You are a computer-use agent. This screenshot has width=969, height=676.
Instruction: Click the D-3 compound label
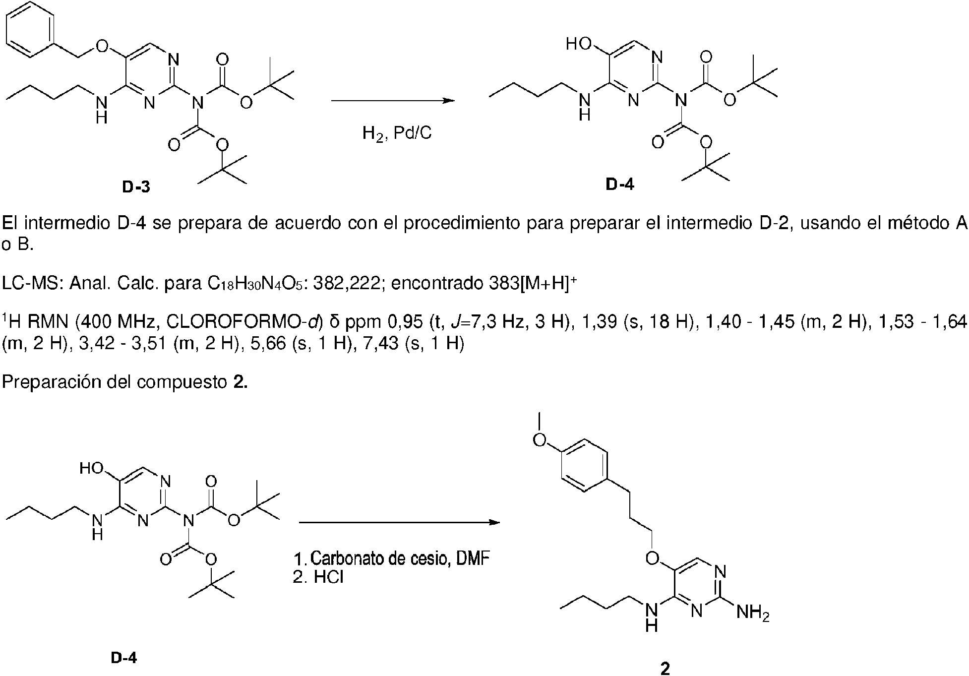click(135, 187)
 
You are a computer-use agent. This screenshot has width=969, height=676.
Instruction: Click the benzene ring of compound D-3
click(31, 29)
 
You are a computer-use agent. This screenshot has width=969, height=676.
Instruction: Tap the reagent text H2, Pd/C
click(397, 133)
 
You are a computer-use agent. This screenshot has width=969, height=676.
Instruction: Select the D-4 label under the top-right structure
click(619, 185)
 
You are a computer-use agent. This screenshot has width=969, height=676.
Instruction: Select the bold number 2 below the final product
click(665, 669)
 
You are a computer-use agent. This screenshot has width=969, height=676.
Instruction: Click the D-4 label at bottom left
click(123, 658)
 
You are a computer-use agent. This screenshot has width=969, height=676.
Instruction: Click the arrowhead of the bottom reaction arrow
click(493, 522)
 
